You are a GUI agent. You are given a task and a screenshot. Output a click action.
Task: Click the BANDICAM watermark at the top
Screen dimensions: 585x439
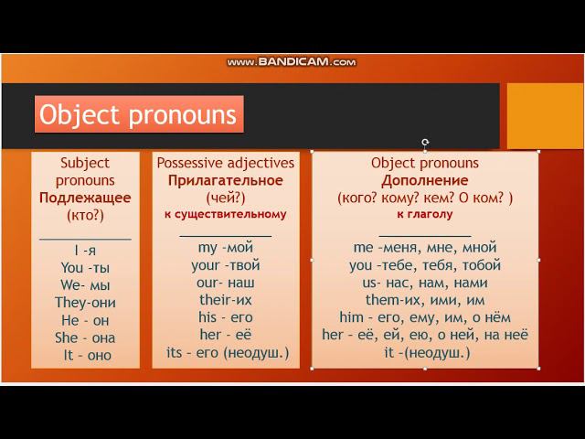coord(292,62)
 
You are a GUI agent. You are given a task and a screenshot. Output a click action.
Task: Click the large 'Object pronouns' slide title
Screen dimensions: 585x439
coord(138,114)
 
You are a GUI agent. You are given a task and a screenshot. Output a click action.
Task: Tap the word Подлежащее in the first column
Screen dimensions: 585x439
coord(85,198)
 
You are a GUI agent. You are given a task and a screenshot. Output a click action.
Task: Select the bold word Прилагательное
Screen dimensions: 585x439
coord(226,180)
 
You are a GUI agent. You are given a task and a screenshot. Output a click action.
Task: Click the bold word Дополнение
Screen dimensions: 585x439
coord(424,180)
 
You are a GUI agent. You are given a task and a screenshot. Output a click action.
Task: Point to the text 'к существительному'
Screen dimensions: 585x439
coord(226,214)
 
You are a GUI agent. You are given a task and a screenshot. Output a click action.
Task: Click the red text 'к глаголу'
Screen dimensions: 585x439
coord(424,214)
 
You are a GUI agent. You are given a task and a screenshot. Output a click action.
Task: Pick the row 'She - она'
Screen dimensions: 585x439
coord(85,337)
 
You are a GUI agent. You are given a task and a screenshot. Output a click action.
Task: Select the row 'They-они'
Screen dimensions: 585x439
coord(85,303)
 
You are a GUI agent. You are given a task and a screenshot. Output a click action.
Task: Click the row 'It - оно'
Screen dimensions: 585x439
coord(88,355)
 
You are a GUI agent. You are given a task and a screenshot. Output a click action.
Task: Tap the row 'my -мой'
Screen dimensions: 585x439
coord(226,248)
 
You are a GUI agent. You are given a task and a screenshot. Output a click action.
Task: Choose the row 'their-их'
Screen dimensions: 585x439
coord(226,300)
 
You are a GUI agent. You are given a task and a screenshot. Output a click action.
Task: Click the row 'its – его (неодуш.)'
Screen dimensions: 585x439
coord(228,352)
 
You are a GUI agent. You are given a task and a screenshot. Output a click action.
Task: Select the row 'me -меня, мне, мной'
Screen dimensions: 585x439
coord(425,248)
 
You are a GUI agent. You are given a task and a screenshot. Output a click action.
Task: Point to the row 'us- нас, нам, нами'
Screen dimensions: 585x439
coord(425,283)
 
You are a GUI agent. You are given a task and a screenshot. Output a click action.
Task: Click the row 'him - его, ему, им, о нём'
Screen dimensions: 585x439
coord(425,317)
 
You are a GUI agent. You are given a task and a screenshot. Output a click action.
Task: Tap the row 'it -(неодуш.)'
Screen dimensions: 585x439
coord(427,352)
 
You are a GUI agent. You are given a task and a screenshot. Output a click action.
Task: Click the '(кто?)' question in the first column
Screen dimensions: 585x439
coord(85,216)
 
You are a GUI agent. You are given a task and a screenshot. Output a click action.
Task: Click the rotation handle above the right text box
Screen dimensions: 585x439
coord(425,143)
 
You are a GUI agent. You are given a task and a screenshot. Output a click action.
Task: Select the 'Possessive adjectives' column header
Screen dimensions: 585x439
coord(226,163)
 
